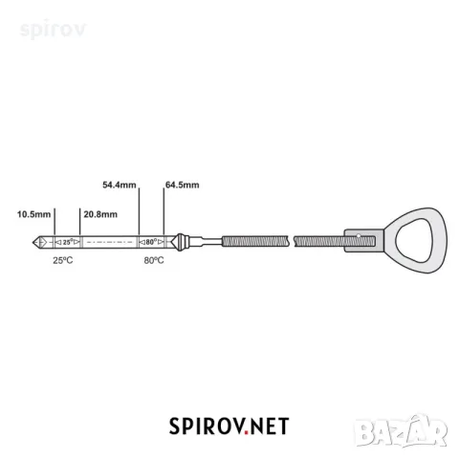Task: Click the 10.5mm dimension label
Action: coord(33,214)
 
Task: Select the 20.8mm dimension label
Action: coord(100,214)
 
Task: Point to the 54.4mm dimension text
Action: coord(120,185)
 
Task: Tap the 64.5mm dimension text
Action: coord(183,185)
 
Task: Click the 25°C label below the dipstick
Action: coord(63,260)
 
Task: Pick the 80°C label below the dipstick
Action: coord(154,260)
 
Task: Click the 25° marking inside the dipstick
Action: coord(68,242)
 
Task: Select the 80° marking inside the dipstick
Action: coord(151,242)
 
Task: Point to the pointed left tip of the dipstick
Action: coord(33,243)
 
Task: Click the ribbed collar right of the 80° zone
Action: coord(181,243)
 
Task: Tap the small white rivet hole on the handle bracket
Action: coord(359,236)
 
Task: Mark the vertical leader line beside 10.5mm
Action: coord(55,222)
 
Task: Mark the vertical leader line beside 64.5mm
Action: coord(164,212)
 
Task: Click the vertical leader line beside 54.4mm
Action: coord(140,212)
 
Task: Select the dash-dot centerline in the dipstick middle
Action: coord(110,242)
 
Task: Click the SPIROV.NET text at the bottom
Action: coord(229,426)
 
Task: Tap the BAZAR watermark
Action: coord(401,431)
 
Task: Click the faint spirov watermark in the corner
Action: coord(53,30)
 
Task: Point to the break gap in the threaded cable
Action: coord(291,241)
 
